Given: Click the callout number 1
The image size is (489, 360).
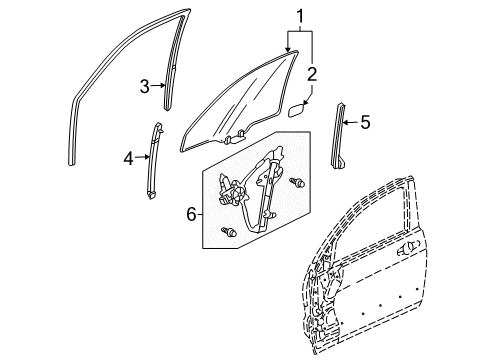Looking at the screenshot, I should (x=298, y=17).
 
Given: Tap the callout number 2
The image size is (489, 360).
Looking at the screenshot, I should (x=311, y=73).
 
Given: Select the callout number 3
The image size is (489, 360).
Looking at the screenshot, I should (x=145, y=87).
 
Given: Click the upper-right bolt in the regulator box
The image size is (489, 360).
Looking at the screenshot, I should (x=297, y=183).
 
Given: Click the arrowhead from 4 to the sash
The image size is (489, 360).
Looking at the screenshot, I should (x=152, y=156).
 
